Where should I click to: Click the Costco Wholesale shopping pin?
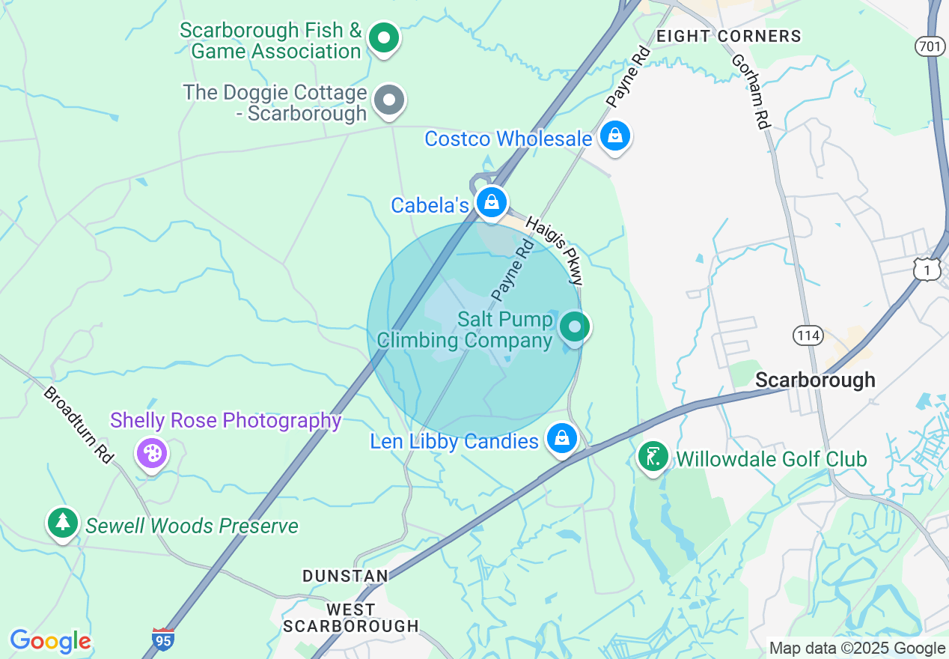pyautogui.click(x=614, y=136)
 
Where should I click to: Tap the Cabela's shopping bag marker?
pyautogui.click(x=492, y=202)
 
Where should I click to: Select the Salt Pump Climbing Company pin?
pyautogui.click(x=575, y=327)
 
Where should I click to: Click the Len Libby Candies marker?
pyautogui.click(x=561, y=438)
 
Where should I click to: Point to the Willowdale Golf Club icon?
pyautogui.click(x=653, y=457)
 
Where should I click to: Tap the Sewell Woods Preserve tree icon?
pyautogui.click(x=63, y=523)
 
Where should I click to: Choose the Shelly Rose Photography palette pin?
pyautogui.click(x=152, y=453)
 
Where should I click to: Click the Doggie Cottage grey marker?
pyautogui.click(x=389, y=100)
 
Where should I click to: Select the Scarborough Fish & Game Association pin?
pyautogui.click(x=385, y=37)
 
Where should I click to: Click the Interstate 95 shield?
pyautogui.click(x=163, y=639)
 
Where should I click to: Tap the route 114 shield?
pyautogui.click(x=808, y=335)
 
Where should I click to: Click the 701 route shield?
pyautogui.click(x=929, y=46)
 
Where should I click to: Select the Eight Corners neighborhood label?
pyautogui.click(x=728, y=36)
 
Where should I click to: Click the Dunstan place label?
pyautogui.click(x=345, y=575)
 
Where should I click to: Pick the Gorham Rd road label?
pyautogui.click(x=751, y=91)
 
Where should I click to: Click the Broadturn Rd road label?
pyautogui.click(x=77, y=425)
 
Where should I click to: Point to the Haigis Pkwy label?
pyautogui.click(x=555, y=250)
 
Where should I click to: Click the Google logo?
pyautogui.click(x=50, y=641)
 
